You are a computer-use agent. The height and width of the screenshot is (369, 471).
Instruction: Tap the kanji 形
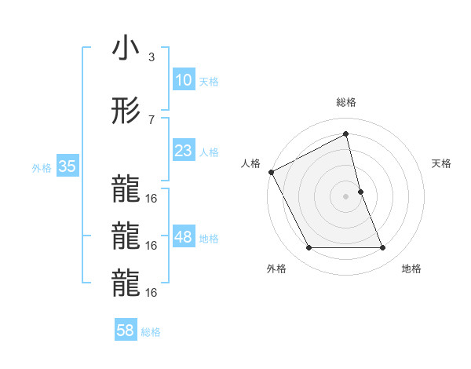pos(125,111)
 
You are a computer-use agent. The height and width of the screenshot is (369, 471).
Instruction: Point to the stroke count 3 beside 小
pos(152,57)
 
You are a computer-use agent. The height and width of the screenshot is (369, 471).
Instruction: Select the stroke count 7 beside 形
pos(152,119)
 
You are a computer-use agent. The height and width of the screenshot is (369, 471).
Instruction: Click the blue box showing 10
pos(183,80)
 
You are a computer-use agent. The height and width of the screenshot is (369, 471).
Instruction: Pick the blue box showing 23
pos(183,151)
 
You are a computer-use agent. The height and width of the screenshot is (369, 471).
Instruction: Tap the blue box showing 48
pos(183,237)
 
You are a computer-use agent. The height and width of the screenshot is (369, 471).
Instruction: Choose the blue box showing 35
pos(67,166)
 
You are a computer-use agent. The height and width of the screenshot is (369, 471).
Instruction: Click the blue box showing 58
pos(125,331)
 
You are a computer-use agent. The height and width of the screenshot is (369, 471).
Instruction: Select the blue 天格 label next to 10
pos(209,81)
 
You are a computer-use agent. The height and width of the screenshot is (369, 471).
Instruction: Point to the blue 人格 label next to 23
pos(209,152)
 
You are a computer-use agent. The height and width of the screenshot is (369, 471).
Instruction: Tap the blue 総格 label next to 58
pos(151,332)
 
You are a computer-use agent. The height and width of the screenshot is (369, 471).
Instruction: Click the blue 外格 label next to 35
pos(42,167)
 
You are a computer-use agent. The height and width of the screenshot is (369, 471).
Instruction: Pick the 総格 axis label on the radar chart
pos(346,102)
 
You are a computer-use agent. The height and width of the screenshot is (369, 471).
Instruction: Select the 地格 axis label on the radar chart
pos(411,269)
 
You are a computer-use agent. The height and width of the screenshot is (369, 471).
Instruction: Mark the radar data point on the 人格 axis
pos(271,172)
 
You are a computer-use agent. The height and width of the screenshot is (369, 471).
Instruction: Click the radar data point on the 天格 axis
pos(360,192)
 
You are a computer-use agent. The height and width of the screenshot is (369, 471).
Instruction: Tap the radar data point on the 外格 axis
pos(309,248)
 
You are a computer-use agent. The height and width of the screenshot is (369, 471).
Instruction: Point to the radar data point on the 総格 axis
pos(346,134)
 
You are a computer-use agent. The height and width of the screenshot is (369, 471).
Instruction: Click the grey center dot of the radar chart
pos(346,196)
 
